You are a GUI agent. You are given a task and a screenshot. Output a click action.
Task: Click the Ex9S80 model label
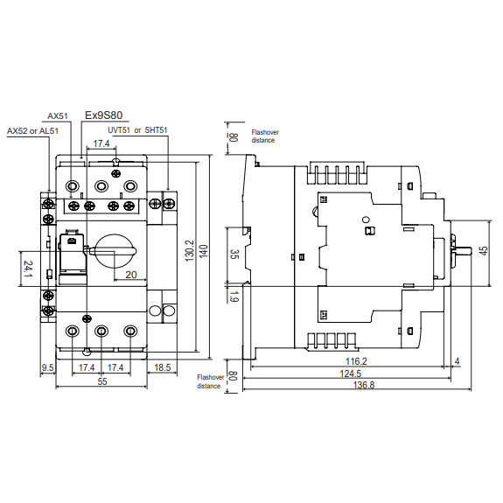(104, 115)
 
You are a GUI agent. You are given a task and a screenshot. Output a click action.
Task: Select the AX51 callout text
(58, 115)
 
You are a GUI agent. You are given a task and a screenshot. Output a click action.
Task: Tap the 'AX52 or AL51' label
(32, 131)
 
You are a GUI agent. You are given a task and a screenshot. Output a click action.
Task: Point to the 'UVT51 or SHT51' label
(131, 130)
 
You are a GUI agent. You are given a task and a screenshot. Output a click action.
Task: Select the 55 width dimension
(101, 382)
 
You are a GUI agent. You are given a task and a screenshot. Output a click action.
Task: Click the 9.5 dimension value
(47, 368)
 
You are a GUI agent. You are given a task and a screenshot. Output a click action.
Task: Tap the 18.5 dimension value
(163, 368)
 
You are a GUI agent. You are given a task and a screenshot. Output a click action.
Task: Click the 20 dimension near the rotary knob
(131, 275)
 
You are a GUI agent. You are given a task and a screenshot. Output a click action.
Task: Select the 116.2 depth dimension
(356, 362)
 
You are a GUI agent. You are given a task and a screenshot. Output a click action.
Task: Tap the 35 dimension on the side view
(234, 255)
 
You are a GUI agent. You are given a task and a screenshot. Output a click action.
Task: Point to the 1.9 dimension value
(234, 296)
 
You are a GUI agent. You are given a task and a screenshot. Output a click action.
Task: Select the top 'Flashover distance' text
(263, 136)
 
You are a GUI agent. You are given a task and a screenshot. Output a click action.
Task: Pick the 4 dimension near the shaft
(458, 362)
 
